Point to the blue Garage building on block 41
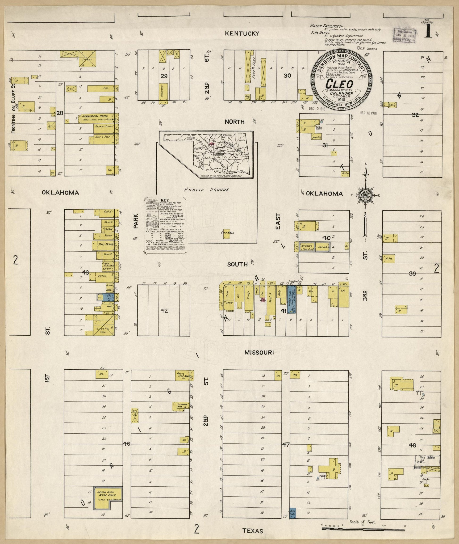pyautogui.click(x=291, y=299)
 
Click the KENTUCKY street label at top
pyautogui.click(x=242, y=34)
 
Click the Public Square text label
pyautogui.click(x=207, y=190)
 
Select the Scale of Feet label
pyautogui.click(x=363, y=520)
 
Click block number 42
pyautogui.click(x=164, y=311)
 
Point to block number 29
pyautogui.click(x=164, y=76)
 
